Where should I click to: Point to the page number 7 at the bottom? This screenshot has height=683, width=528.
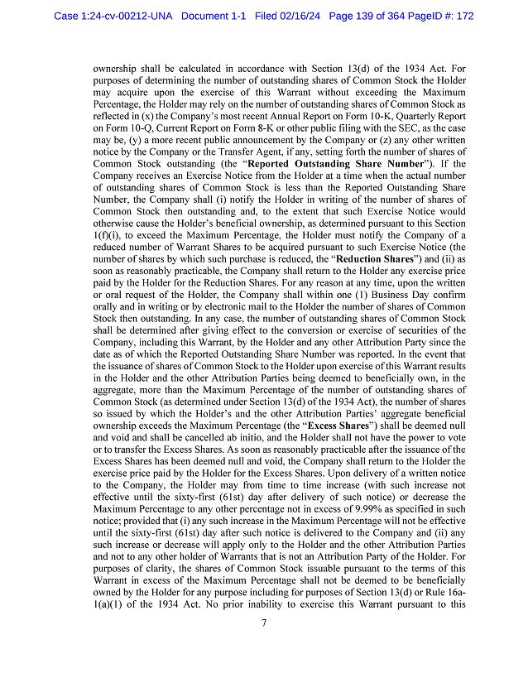(263, 623)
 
